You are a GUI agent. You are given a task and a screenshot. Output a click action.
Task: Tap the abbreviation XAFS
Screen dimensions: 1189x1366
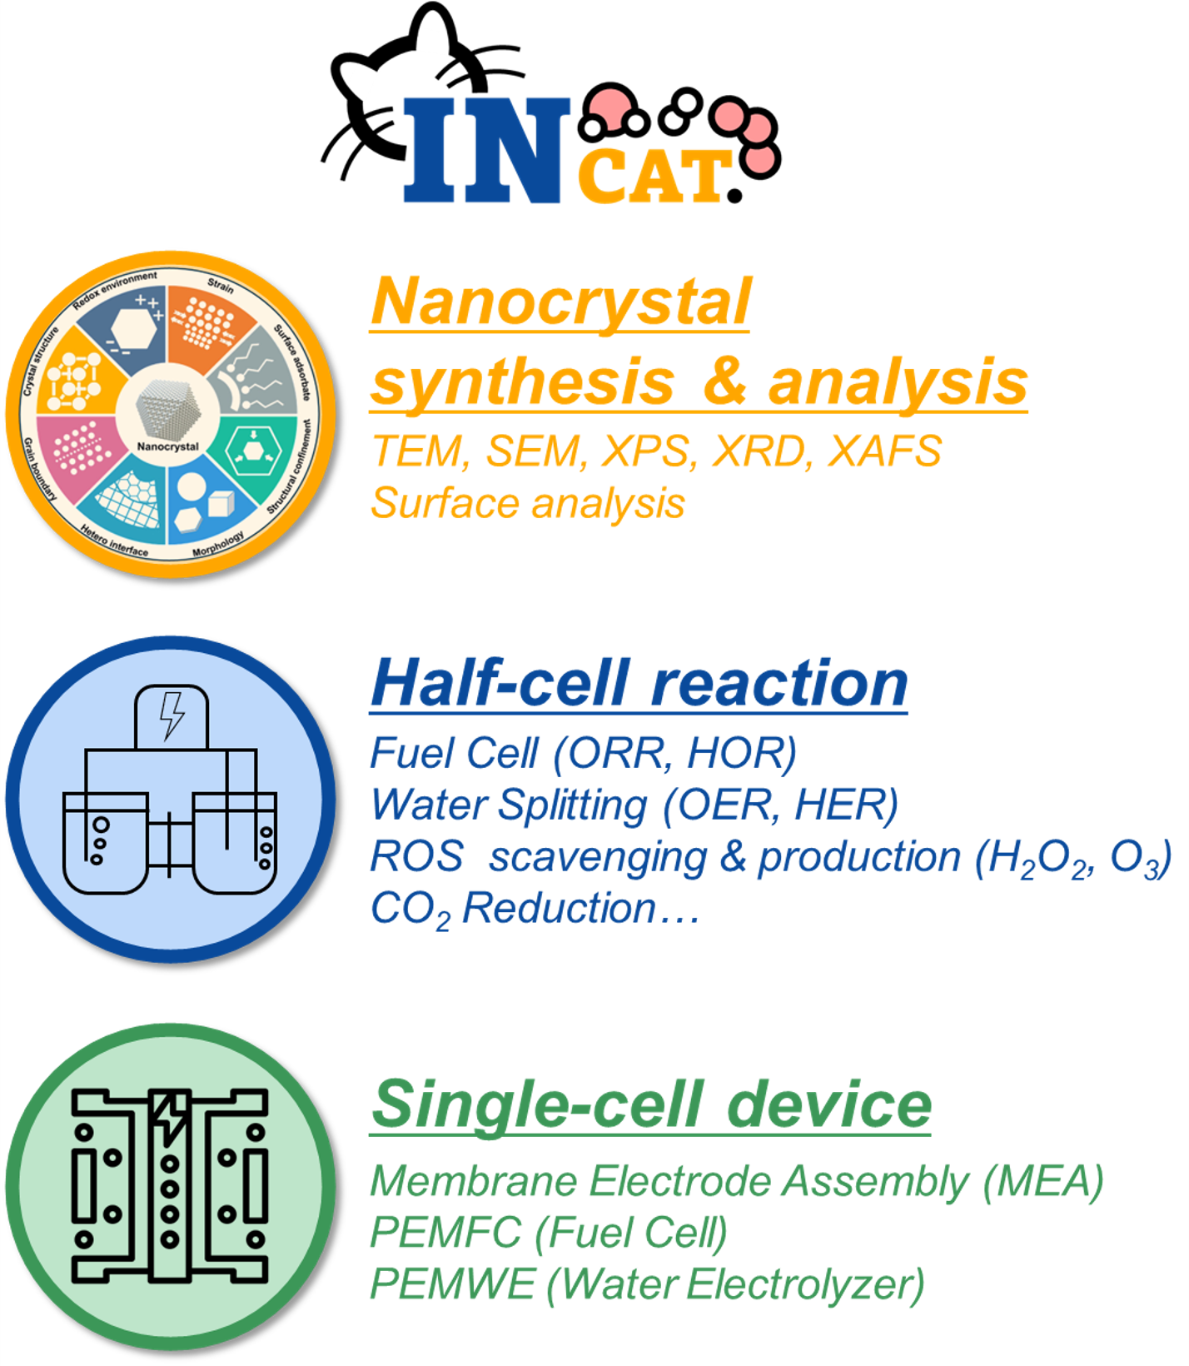point(885,451)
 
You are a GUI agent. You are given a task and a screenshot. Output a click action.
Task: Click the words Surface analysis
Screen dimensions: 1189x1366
point(528,503)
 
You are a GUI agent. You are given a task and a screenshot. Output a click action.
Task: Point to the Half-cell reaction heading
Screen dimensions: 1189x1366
point(639,683)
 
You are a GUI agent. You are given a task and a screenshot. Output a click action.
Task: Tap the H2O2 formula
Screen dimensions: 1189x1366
point(1038,858)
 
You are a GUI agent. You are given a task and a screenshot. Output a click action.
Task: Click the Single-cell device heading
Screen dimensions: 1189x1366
point(651,1104)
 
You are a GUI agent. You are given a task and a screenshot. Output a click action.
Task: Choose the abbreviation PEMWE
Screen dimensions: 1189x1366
point(452,1284)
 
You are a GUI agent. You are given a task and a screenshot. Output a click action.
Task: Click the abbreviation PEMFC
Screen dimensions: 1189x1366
point(446,1233)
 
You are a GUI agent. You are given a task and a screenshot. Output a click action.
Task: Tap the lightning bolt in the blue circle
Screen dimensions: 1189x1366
point(172,715)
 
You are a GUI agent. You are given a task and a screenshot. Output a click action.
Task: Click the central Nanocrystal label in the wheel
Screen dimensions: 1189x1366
point(168,446)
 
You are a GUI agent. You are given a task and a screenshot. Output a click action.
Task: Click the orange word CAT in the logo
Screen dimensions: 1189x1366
point(654,177)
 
